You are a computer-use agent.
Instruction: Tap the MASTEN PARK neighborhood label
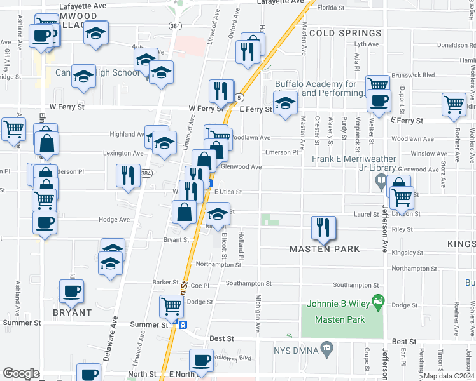coord(325,249)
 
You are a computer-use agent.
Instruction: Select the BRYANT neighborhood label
coord(72,312)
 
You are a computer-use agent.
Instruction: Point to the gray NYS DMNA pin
coord(327,348)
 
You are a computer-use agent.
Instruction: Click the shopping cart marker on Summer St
coord(172,307)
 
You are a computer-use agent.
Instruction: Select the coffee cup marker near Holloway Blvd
coord(202,361)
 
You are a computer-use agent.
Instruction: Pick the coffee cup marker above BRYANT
coord(72,291)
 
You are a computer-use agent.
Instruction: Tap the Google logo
coord(22,373)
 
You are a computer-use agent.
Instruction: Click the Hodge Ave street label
coord(115,220)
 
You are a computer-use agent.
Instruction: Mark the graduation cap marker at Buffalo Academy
coord(286,103)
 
